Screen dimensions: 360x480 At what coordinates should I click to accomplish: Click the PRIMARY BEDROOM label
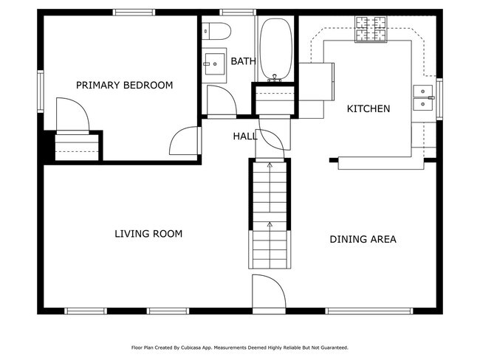point(124,86)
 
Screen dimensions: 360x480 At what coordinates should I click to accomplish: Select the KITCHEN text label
point(368,109)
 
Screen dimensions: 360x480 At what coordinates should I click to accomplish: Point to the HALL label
point(245,136)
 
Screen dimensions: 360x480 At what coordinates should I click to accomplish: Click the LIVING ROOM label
point(148,234)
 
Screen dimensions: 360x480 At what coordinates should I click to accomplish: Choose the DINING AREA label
point(363,239)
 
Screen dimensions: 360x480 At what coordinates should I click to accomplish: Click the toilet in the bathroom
point(216,31)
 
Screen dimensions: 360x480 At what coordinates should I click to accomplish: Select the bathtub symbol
point(275,48)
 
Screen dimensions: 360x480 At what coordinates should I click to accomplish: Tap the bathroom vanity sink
point(214,62)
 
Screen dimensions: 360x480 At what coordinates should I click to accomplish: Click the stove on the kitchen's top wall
point(371,30)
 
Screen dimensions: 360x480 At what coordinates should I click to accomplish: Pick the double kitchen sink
point(423,98)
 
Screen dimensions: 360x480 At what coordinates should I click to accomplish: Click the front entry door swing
point(267,291)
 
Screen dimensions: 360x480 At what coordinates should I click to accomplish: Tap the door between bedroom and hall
point(186,140)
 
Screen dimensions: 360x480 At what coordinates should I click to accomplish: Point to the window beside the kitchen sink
point(439,98)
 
